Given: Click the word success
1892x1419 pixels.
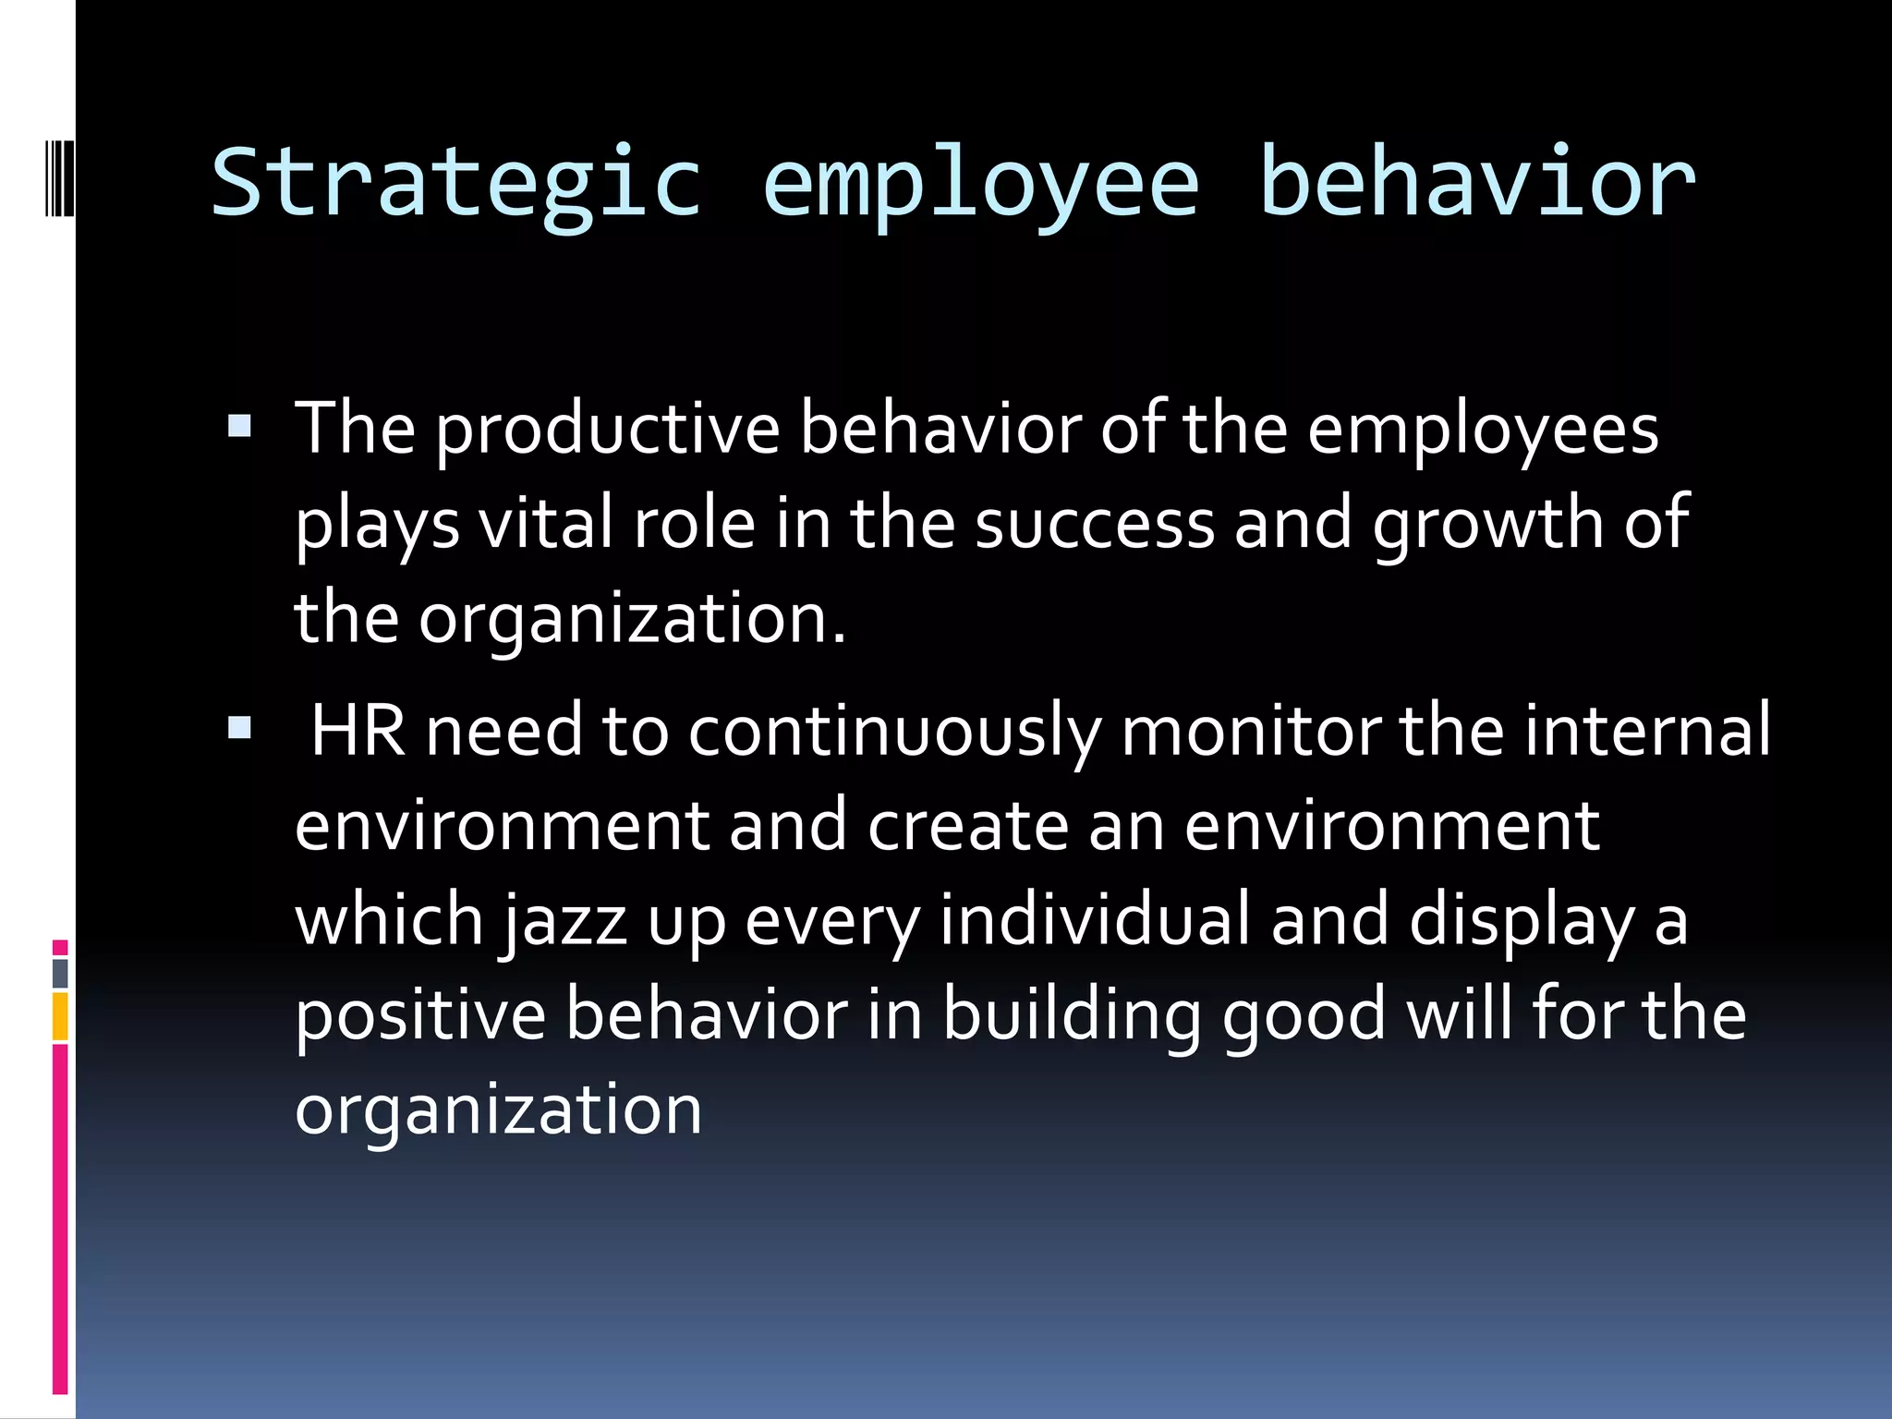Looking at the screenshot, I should (1094, 524).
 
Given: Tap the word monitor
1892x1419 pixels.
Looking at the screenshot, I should (1250, 731).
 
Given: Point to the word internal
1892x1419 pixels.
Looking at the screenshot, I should (1647, 731).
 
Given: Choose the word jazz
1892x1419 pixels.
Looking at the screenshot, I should (565, 921).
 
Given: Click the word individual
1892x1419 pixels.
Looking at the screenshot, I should (1094, 921).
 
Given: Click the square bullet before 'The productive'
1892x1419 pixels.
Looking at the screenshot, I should (239, 426).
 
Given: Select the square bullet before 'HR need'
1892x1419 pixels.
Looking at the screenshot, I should (239, 728).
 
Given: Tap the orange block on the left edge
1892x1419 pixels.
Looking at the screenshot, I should (60, 1016).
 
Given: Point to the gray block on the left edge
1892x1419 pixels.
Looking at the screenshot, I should (60, 973).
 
